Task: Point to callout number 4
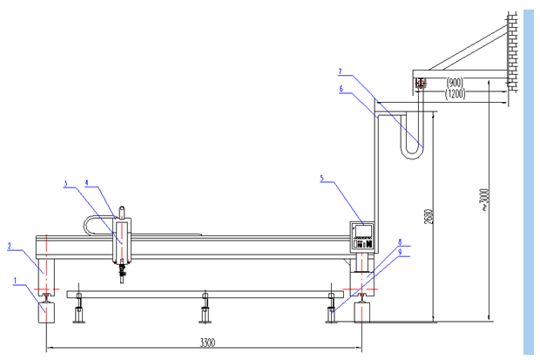pos(87,183)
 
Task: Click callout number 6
pos(341,87)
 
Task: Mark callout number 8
pos(400,241)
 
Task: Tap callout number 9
pos(400,253)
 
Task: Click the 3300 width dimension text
pos(206,342)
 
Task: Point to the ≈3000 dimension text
pos(484,201)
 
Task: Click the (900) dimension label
pos(456,83)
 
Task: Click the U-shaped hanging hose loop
pos(409,139)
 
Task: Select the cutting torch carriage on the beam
pos(122,241)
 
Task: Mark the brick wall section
pos(514,52)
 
